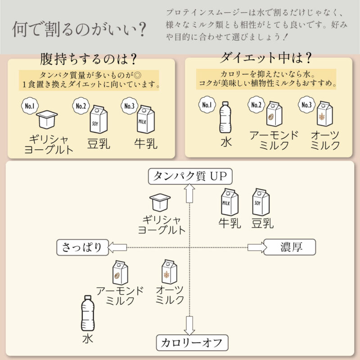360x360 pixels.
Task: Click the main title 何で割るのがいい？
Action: point(79,29)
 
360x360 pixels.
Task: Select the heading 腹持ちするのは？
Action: point(89,60)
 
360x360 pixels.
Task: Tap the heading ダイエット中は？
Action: point(266,58)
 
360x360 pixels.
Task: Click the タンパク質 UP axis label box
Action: point(190,176)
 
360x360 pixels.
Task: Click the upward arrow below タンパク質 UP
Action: point(189,193)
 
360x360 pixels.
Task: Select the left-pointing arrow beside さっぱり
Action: point(118,247)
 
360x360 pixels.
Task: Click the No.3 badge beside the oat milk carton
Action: point(306,104)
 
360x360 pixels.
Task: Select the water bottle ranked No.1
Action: point(225,117)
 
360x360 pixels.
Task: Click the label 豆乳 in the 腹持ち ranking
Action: point(99,144)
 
